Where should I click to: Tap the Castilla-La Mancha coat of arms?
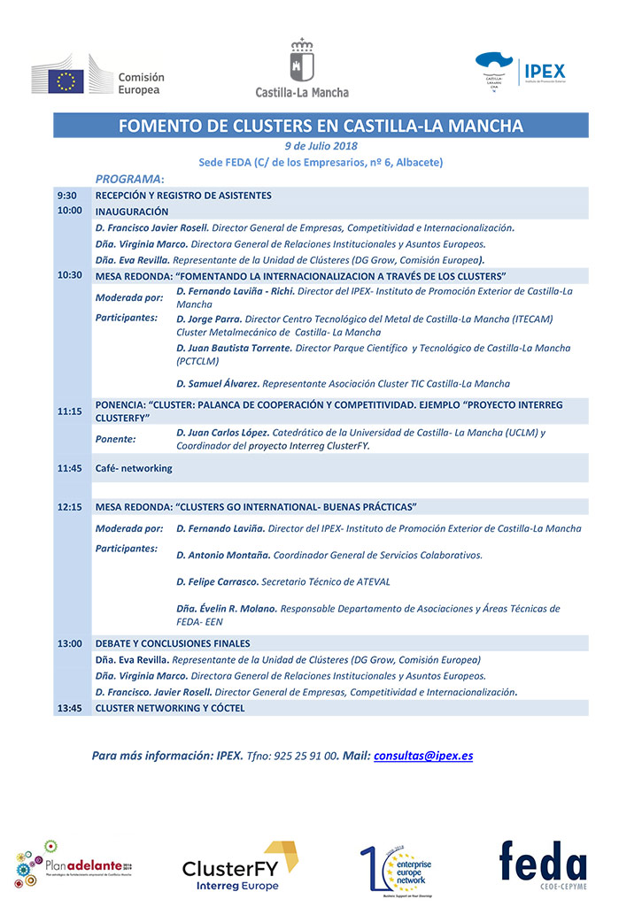coord(302,61)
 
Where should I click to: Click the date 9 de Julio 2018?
coord(321,146)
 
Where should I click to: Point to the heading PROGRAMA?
coord(129,179)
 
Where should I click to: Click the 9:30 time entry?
coord(66,196)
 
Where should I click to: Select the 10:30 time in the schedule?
coord(70,275)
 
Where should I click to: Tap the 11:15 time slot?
coord(70,411)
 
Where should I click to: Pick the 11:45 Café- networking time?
coord(70,468)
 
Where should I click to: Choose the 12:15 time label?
coord(70,507)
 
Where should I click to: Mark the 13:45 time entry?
coord(70,708)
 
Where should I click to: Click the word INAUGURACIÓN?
coord(132,211)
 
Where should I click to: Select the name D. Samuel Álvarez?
coord(218,384)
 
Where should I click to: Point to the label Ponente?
coord(116,439)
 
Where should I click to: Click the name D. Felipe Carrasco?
coord(217,581)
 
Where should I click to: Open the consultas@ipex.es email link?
coord(423,756)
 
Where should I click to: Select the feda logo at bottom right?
coord(542,865)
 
